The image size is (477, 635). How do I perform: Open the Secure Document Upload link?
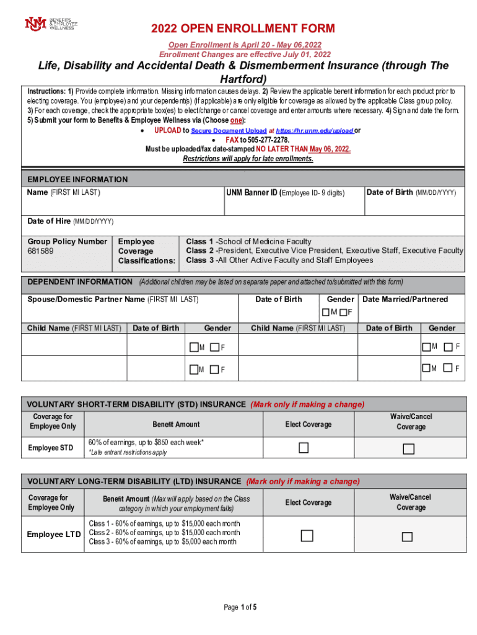[x=229, y=131]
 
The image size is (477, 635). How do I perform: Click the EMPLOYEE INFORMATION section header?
[x=77, y=179]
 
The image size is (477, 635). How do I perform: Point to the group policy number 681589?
[x=40, y=251]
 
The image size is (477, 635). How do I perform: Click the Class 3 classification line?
[x=279, y=260]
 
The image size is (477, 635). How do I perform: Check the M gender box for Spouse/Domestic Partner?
[x=326, y=311]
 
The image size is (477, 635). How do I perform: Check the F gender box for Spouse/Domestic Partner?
[x=343, y=311]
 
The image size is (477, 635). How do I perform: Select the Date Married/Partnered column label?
[x=405, y=300]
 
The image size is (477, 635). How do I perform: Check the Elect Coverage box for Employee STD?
[x=304, y=448]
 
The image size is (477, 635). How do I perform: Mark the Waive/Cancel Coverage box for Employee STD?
[x=408, y=448]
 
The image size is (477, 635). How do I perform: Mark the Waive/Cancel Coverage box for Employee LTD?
[x=407, y=536]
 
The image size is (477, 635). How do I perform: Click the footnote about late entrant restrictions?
[x=128, y=453]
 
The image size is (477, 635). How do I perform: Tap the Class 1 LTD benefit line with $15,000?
[x=164, y=523]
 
